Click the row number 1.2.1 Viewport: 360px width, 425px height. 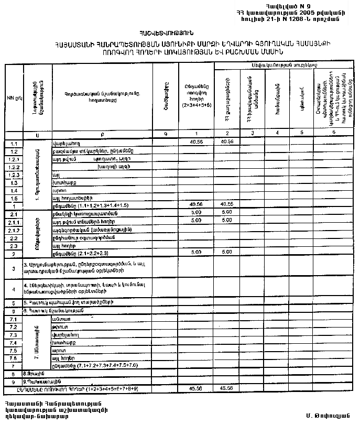[x=14, y=159]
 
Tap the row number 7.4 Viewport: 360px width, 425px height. [x=14, y=342]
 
